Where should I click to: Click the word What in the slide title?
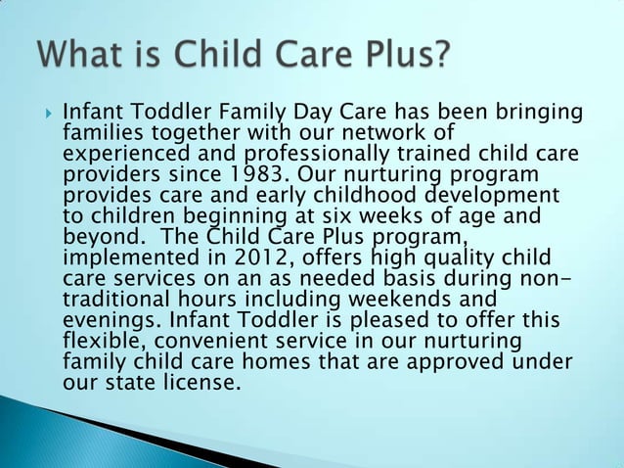tap(79, 54)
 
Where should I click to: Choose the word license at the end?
tap(200, 382)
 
